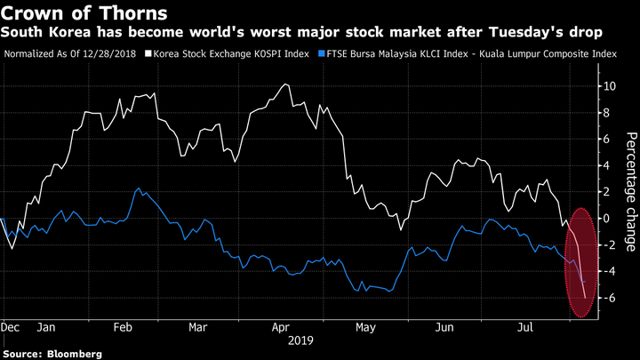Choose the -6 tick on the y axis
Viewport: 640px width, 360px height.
(607, 298)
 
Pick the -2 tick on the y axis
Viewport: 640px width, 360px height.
(607, 244)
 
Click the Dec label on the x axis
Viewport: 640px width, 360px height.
(12, 326)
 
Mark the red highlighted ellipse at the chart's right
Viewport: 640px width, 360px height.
(583, 262)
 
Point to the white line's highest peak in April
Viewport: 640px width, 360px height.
(285, 84)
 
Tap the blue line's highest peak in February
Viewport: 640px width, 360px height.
(138, 188)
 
